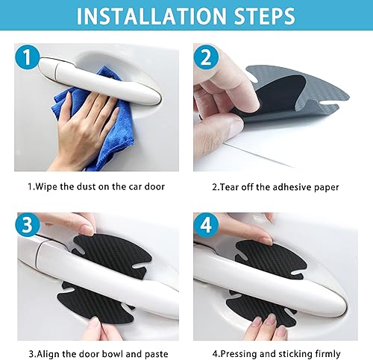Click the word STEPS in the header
(261, 16)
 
